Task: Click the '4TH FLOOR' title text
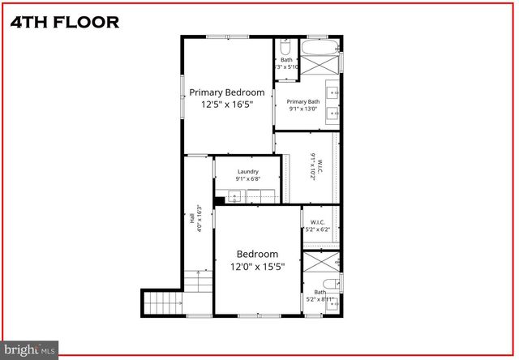pyautogui.click(x=64, y=21)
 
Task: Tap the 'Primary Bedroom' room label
pyautogui.click(x=227, y=92)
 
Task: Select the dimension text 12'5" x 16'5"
pyautogui.click(x=227, y=105)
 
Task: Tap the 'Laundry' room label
pyautogui.click(x=247, y=171)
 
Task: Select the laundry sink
pyautogui.click(x=235, y=195)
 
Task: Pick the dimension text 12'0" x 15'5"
pyautogui.click(x=257, y=266)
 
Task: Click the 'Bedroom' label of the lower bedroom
pyautogui.click(x=257, y=254)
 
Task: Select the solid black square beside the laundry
pyautogui.click(x=219, y=200)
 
